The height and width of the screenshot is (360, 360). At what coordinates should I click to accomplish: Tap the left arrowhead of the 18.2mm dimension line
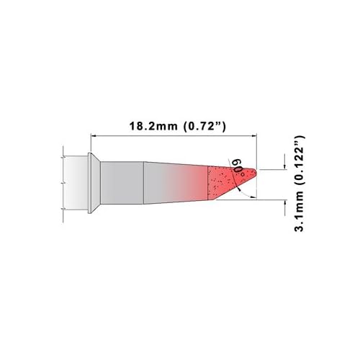pos(92,135)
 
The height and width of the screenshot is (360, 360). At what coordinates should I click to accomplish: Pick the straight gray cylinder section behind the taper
pos(121,183)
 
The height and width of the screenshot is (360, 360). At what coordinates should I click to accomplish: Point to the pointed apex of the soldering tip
pos(256,172)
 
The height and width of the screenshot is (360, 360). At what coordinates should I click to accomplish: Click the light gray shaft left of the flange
pos(75,183)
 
